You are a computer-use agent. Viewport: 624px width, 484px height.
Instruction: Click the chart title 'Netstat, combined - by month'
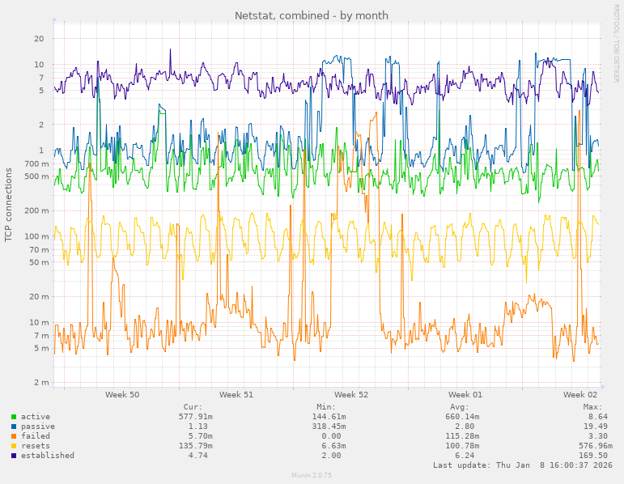tap(312, 15)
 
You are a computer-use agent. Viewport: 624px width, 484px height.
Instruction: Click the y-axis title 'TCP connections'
tap(9, 205)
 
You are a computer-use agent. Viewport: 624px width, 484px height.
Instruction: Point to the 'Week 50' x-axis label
tap(122, 395)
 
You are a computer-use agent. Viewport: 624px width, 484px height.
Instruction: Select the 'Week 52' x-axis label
tap(351, 395)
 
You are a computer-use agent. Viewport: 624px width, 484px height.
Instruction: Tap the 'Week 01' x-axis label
tap(465, 395)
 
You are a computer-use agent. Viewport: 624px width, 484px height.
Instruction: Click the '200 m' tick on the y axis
tap(37, 210)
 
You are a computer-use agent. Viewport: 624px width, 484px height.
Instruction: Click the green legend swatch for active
tap(14, 417)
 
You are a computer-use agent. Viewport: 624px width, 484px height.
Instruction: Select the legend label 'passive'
tap(38, 427)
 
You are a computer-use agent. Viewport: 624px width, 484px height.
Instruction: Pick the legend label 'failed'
tap(36, 436)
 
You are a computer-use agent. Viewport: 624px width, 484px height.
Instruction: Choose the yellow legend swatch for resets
tap(14, 446)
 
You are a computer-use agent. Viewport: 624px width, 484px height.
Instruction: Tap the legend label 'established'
tap(48, 456)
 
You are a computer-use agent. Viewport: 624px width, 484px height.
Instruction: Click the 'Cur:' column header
tap(193, 407)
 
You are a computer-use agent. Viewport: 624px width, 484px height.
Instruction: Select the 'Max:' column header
tap(592, 407)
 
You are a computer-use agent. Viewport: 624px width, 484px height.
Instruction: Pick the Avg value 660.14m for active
tap(462, 417)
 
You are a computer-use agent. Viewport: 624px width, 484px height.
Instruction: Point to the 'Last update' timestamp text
tap(523, 465)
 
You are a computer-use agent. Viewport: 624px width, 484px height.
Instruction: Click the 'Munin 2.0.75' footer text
tap(312, 475)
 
